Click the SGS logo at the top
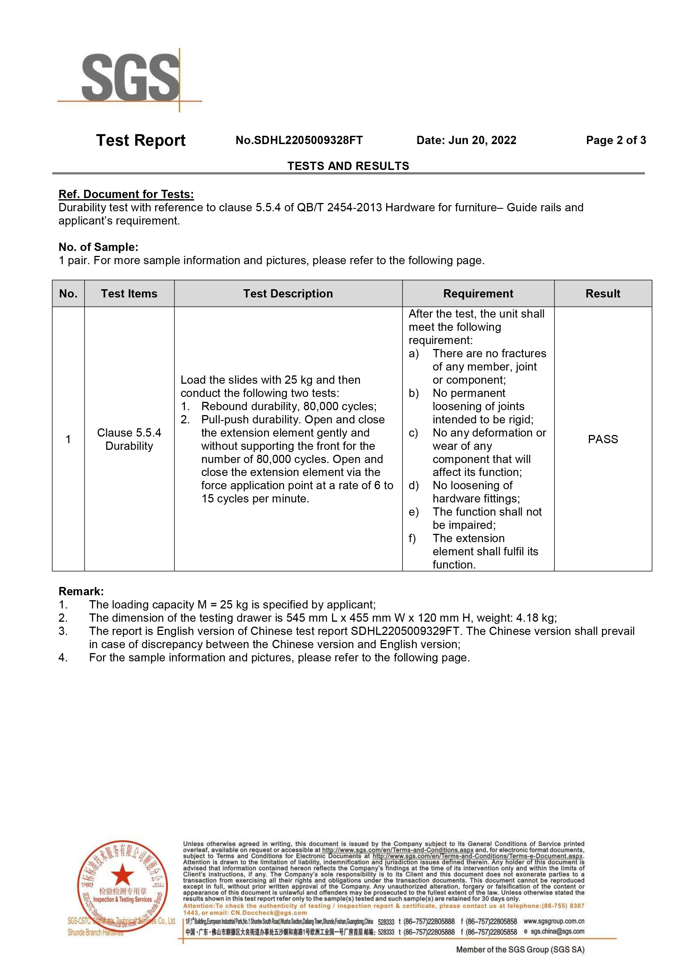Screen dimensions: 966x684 (130, 79)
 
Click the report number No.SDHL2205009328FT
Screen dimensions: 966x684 (299, 140)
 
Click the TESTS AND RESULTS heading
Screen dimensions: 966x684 (348, 166)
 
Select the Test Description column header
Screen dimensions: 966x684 (288, 293)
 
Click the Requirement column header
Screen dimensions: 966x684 (478, 293)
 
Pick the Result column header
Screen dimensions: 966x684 (603, 293)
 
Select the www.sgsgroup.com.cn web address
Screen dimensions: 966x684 (554, 921)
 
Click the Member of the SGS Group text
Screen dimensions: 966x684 (520, 949)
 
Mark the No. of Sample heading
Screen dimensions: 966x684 (98, 247)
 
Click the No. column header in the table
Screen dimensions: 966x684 (68, 293)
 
